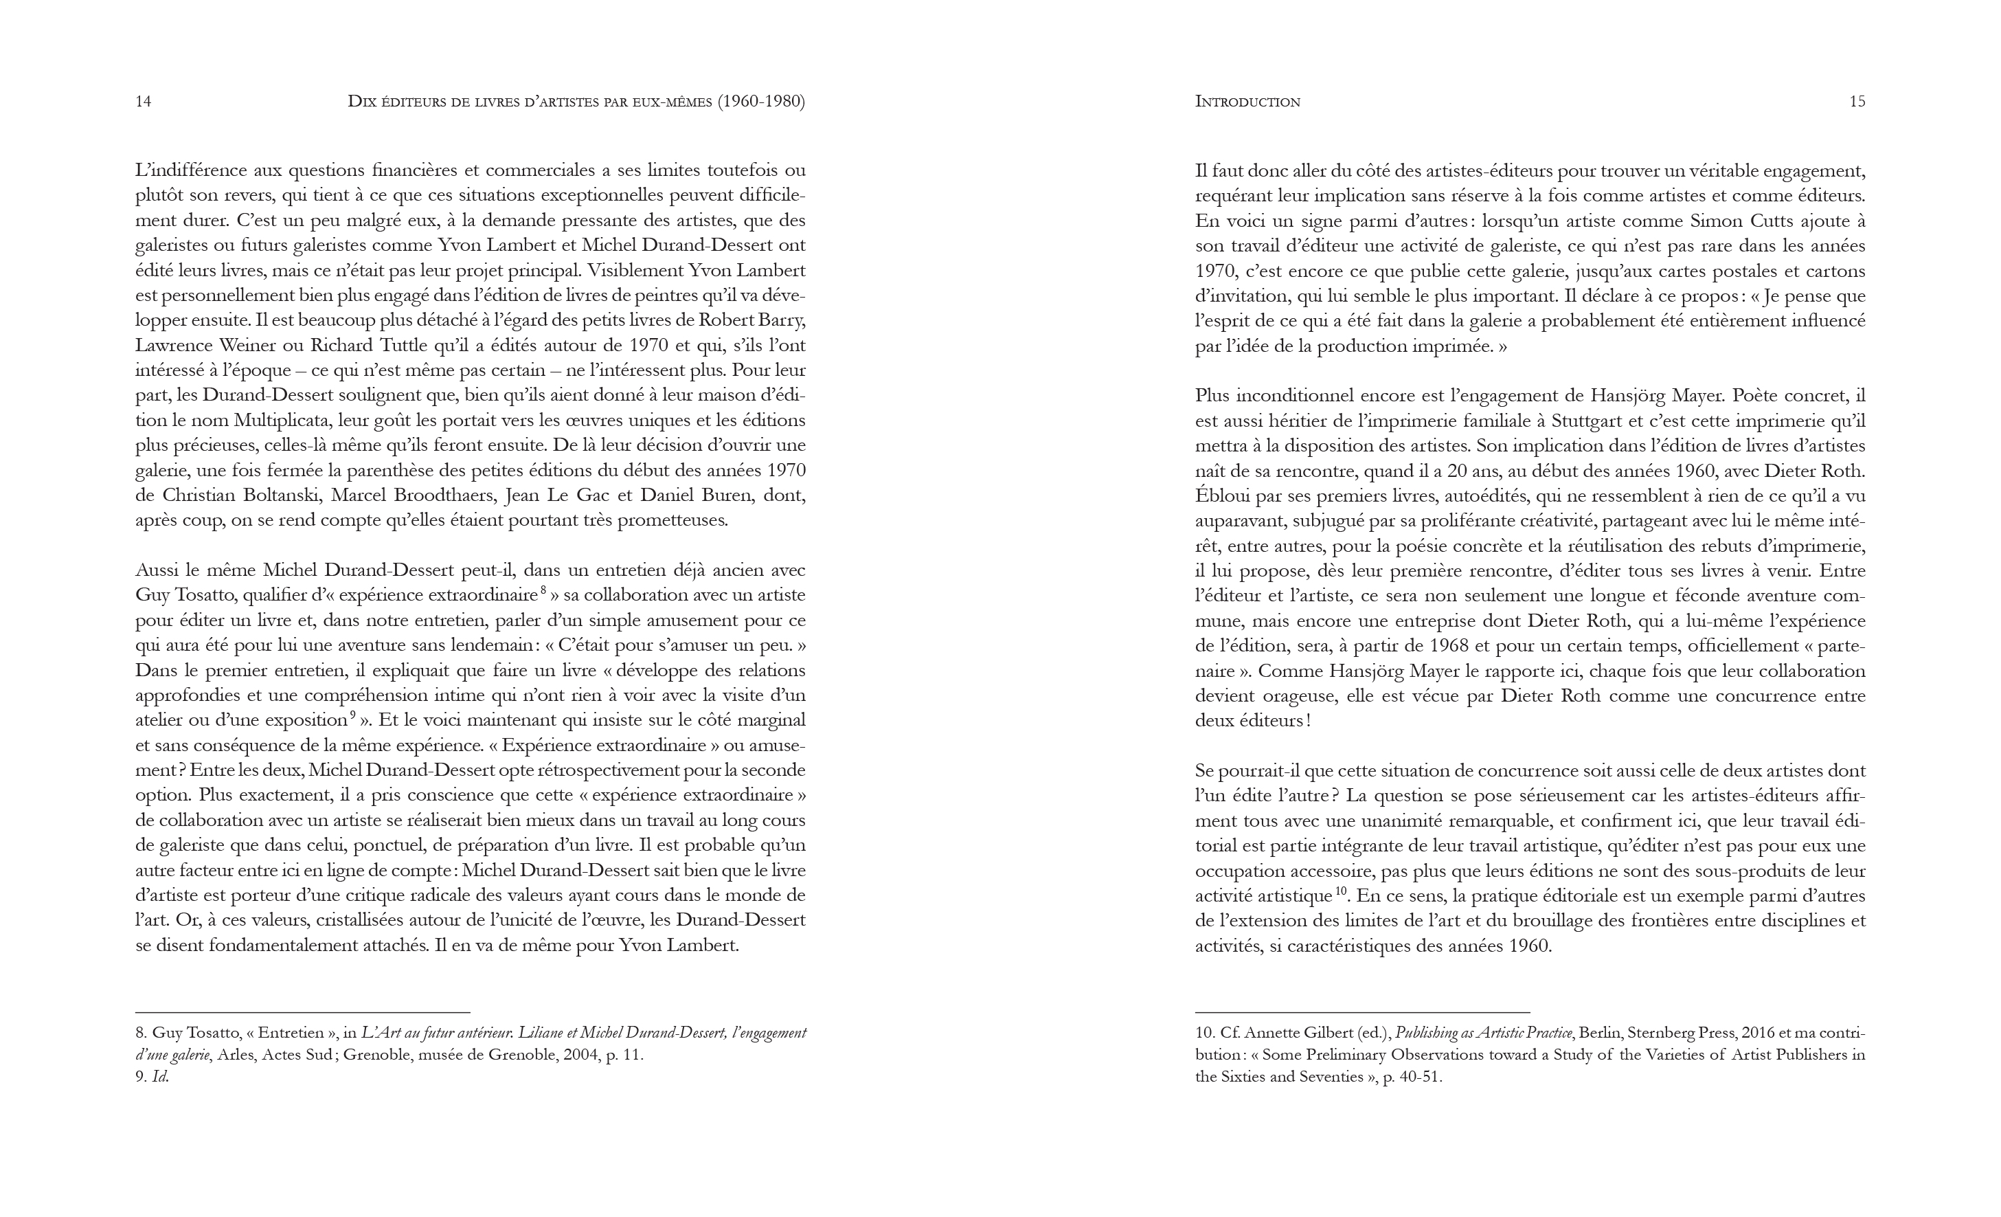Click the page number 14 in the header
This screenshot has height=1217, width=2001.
coord(143,102)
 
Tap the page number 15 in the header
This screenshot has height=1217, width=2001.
coord(1857,102)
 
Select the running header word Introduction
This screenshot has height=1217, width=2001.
coord(1247,102)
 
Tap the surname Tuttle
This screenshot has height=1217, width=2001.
coord(398,345)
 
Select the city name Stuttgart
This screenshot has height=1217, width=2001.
coord(1596,421)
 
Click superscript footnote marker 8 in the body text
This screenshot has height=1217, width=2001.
coord(543,590)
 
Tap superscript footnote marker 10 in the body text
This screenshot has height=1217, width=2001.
coord(1341,891)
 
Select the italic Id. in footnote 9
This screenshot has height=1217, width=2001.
coord(160,1078)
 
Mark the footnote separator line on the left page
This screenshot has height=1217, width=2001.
coord(302,1012)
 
